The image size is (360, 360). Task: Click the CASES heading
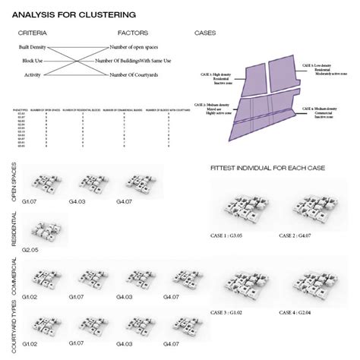[x=204, y=34]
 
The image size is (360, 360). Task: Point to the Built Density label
[x=33, y=48]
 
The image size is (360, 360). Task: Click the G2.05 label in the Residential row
[x=30, y=248]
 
